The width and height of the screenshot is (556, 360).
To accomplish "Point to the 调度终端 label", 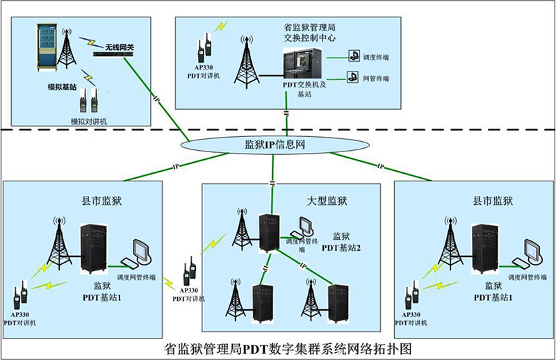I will (376, 57).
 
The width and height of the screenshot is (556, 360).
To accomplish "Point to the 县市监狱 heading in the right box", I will (493, 202).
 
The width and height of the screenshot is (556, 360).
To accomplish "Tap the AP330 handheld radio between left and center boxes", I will (188, 272).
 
